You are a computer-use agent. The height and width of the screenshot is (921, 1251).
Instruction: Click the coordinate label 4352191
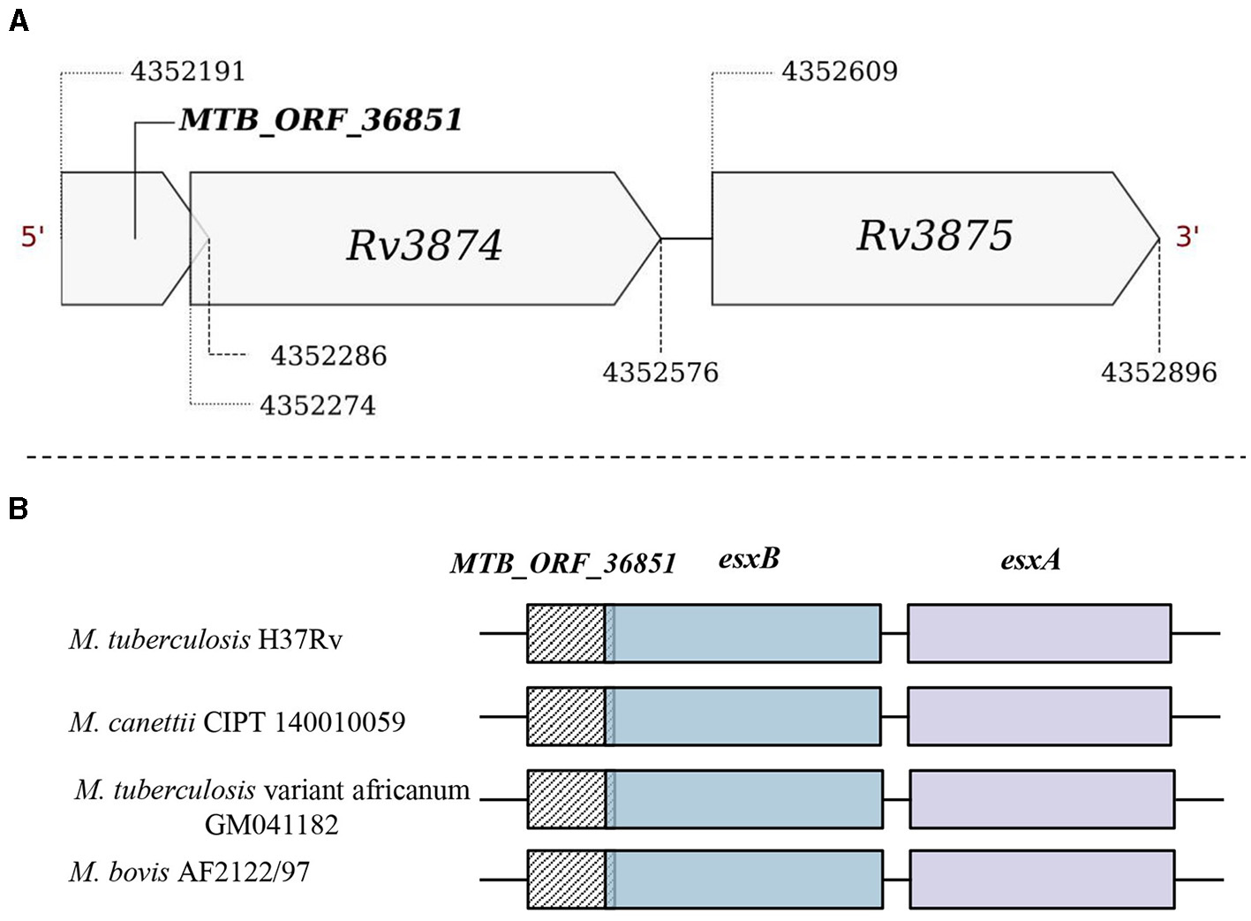(x=187, y=72)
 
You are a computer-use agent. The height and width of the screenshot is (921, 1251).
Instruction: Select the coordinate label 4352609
(x=839, y=72)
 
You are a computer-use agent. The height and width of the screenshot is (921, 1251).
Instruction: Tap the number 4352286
(x=328, y=356)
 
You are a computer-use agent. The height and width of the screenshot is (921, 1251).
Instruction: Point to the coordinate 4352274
(x=318, y=405)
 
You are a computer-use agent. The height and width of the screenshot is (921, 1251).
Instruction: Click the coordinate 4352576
(x=660, y=373)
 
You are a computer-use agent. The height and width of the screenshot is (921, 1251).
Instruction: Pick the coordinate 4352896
(x=1158, y=373)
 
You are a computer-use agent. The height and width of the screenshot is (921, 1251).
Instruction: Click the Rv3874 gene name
(x=424, y=245)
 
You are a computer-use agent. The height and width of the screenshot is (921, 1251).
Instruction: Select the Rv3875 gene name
(x=934, y=236)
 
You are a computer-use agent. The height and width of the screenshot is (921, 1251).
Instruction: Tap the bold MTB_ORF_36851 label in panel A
(x=320, y=120)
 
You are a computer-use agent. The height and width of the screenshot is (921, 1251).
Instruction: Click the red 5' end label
(x=33, y=237)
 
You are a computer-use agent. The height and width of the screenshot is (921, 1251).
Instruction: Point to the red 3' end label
(x=1187, y=237)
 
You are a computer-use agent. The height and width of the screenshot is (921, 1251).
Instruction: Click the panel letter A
(x=18, y=20)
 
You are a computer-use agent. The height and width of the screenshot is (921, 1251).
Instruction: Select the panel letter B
(x=18, y=510)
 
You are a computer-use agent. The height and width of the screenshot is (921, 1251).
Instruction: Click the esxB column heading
(x=749, y=559)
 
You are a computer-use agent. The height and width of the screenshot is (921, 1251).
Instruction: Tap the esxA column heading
(x=1030, y=559)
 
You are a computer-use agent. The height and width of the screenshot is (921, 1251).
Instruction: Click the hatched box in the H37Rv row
(x=565, y=633)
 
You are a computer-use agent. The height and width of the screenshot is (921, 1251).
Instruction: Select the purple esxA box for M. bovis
(x=1042, y=879)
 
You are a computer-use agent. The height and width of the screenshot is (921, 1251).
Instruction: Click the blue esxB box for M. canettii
(x=746, y=716)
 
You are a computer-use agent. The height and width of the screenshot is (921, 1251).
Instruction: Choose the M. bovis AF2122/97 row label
(x=190, y=872)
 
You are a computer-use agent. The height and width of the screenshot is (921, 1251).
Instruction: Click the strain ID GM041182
(x=271, y=825)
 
